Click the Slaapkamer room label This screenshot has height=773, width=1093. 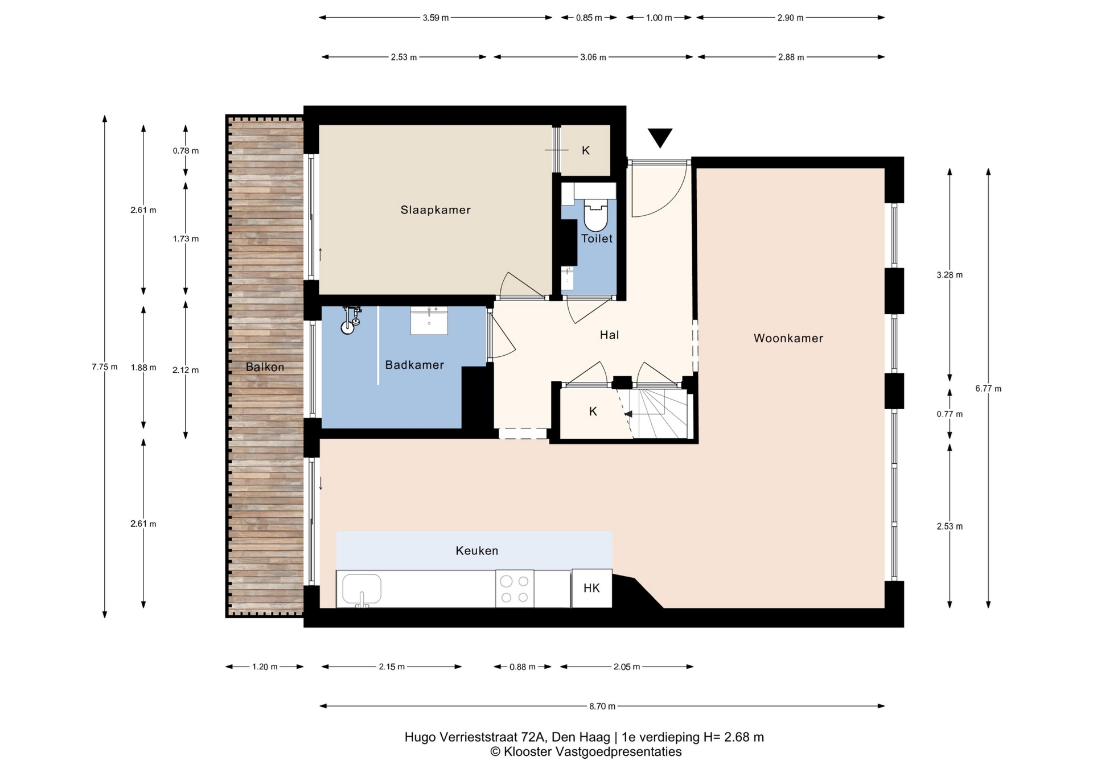pyautogui.click(x=435, y=210)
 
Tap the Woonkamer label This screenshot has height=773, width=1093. pyautogui.click(x=788, y=338)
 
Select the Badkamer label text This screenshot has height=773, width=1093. pyautogui.click(x=414, y=365)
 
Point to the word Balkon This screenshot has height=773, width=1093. pyautogui.click(x=265, y=367)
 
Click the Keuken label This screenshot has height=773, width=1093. pyautogui.click(x=477, y=550)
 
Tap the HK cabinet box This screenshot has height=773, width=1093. pyautogui.click(x=592, y=588)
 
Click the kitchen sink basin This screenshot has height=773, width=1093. pyautogui.click(x=361, y=589)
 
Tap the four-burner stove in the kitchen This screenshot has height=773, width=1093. pyautogui.click(x=515, y=589)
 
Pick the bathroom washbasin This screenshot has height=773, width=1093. pyautogui.click(x=429, y=320)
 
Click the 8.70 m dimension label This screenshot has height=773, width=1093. pyautogui.click(x=602, y=706)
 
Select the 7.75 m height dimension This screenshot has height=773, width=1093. pyautogui.click(x=105, y=367)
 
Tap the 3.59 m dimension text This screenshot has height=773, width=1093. pyautogui.click(x=435, y=18)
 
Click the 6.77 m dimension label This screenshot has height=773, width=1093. pyautogui.click(x=988, y=389)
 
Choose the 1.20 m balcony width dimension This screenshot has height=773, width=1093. pyautogui.click(x=265, y=667)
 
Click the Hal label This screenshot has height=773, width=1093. pyautogui.click(x=609, y=335)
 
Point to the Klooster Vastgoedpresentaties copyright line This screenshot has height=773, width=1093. pyautogui.click(x=586, y=752)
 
